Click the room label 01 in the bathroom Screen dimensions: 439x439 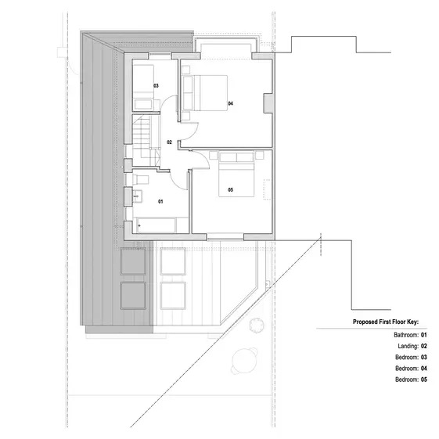point(161,201)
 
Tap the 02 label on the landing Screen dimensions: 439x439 point(169,142)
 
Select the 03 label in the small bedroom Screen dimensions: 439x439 point(156,85)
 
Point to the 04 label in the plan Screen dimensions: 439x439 point(231,103)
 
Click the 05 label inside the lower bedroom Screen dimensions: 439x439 point(230,190)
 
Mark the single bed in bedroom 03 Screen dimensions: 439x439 point(145,84)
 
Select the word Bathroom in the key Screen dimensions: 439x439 point(406,334)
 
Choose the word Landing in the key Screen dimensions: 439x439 point(408,345)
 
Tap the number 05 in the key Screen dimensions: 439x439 point(423,379)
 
